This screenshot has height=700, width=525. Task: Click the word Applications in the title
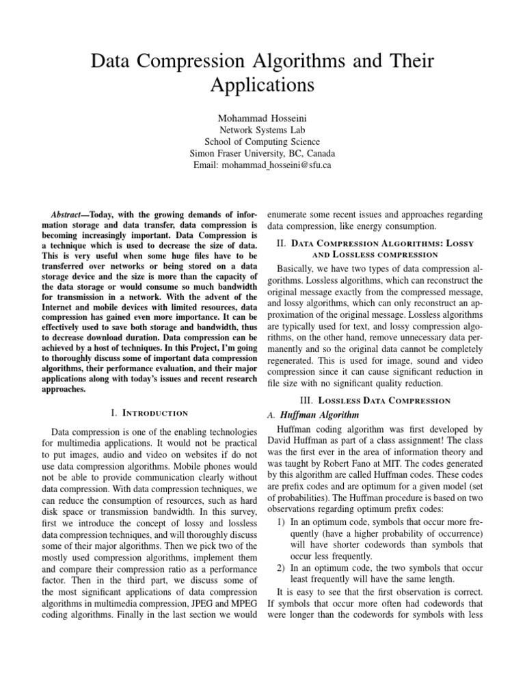[262, 86]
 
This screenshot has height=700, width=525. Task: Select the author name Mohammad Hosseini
[262, 117]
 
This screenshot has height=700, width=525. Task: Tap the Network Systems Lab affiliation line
[262, 129]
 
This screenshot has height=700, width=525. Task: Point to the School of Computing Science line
[262, 142]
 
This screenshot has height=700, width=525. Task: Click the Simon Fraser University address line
[262, 154]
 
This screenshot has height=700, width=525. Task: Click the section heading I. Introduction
[148, 413]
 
